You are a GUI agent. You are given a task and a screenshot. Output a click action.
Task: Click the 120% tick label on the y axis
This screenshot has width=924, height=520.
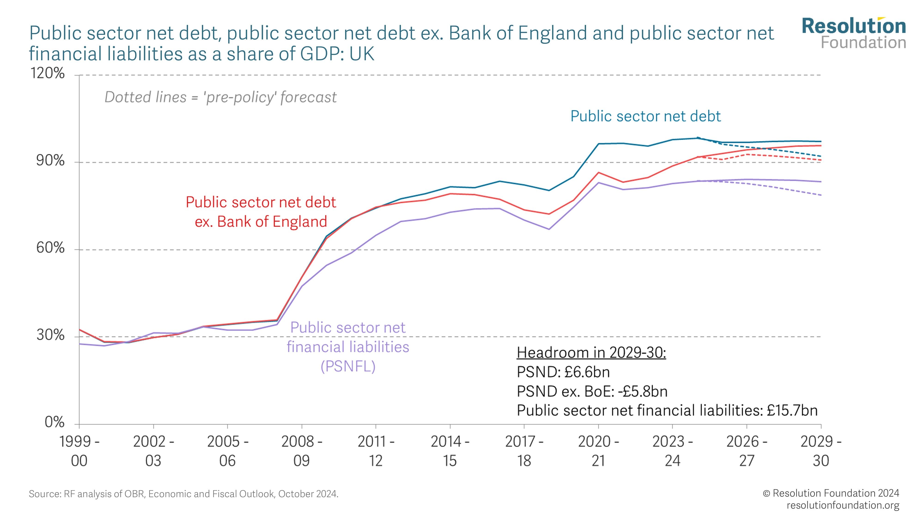[47, 73]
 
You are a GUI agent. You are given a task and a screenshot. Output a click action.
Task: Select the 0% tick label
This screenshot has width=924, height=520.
[55, 422]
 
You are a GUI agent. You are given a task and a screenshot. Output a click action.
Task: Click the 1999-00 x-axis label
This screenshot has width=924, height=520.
[79, 451]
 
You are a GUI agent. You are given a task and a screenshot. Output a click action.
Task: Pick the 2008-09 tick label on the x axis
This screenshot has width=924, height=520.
[302, 451]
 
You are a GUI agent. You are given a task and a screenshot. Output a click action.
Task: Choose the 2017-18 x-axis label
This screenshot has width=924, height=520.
[524, 451]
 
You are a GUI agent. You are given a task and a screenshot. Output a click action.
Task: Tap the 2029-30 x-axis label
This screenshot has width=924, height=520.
[821, 451]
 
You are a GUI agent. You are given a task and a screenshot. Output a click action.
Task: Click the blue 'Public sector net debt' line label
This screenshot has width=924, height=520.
[645, 116]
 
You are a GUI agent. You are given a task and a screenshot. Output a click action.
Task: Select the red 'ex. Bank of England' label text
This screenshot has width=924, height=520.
[261, 222]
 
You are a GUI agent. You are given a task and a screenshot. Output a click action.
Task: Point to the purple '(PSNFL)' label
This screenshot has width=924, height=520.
[348, 366]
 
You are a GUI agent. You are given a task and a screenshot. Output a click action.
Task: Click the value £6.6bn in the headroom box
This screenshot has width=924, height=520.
[587, 372]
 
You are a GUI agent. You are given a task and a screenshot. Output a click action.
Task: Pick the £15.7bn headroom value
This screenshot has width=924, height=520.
[792, 410]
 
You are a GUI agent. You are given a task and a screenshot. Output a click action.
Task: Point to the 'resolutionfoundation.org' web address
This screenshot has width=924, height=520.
[843, 505]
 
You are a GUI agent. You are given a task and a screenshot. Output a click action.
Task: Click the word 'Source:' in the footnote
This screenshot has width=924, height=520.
[45, 494]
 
